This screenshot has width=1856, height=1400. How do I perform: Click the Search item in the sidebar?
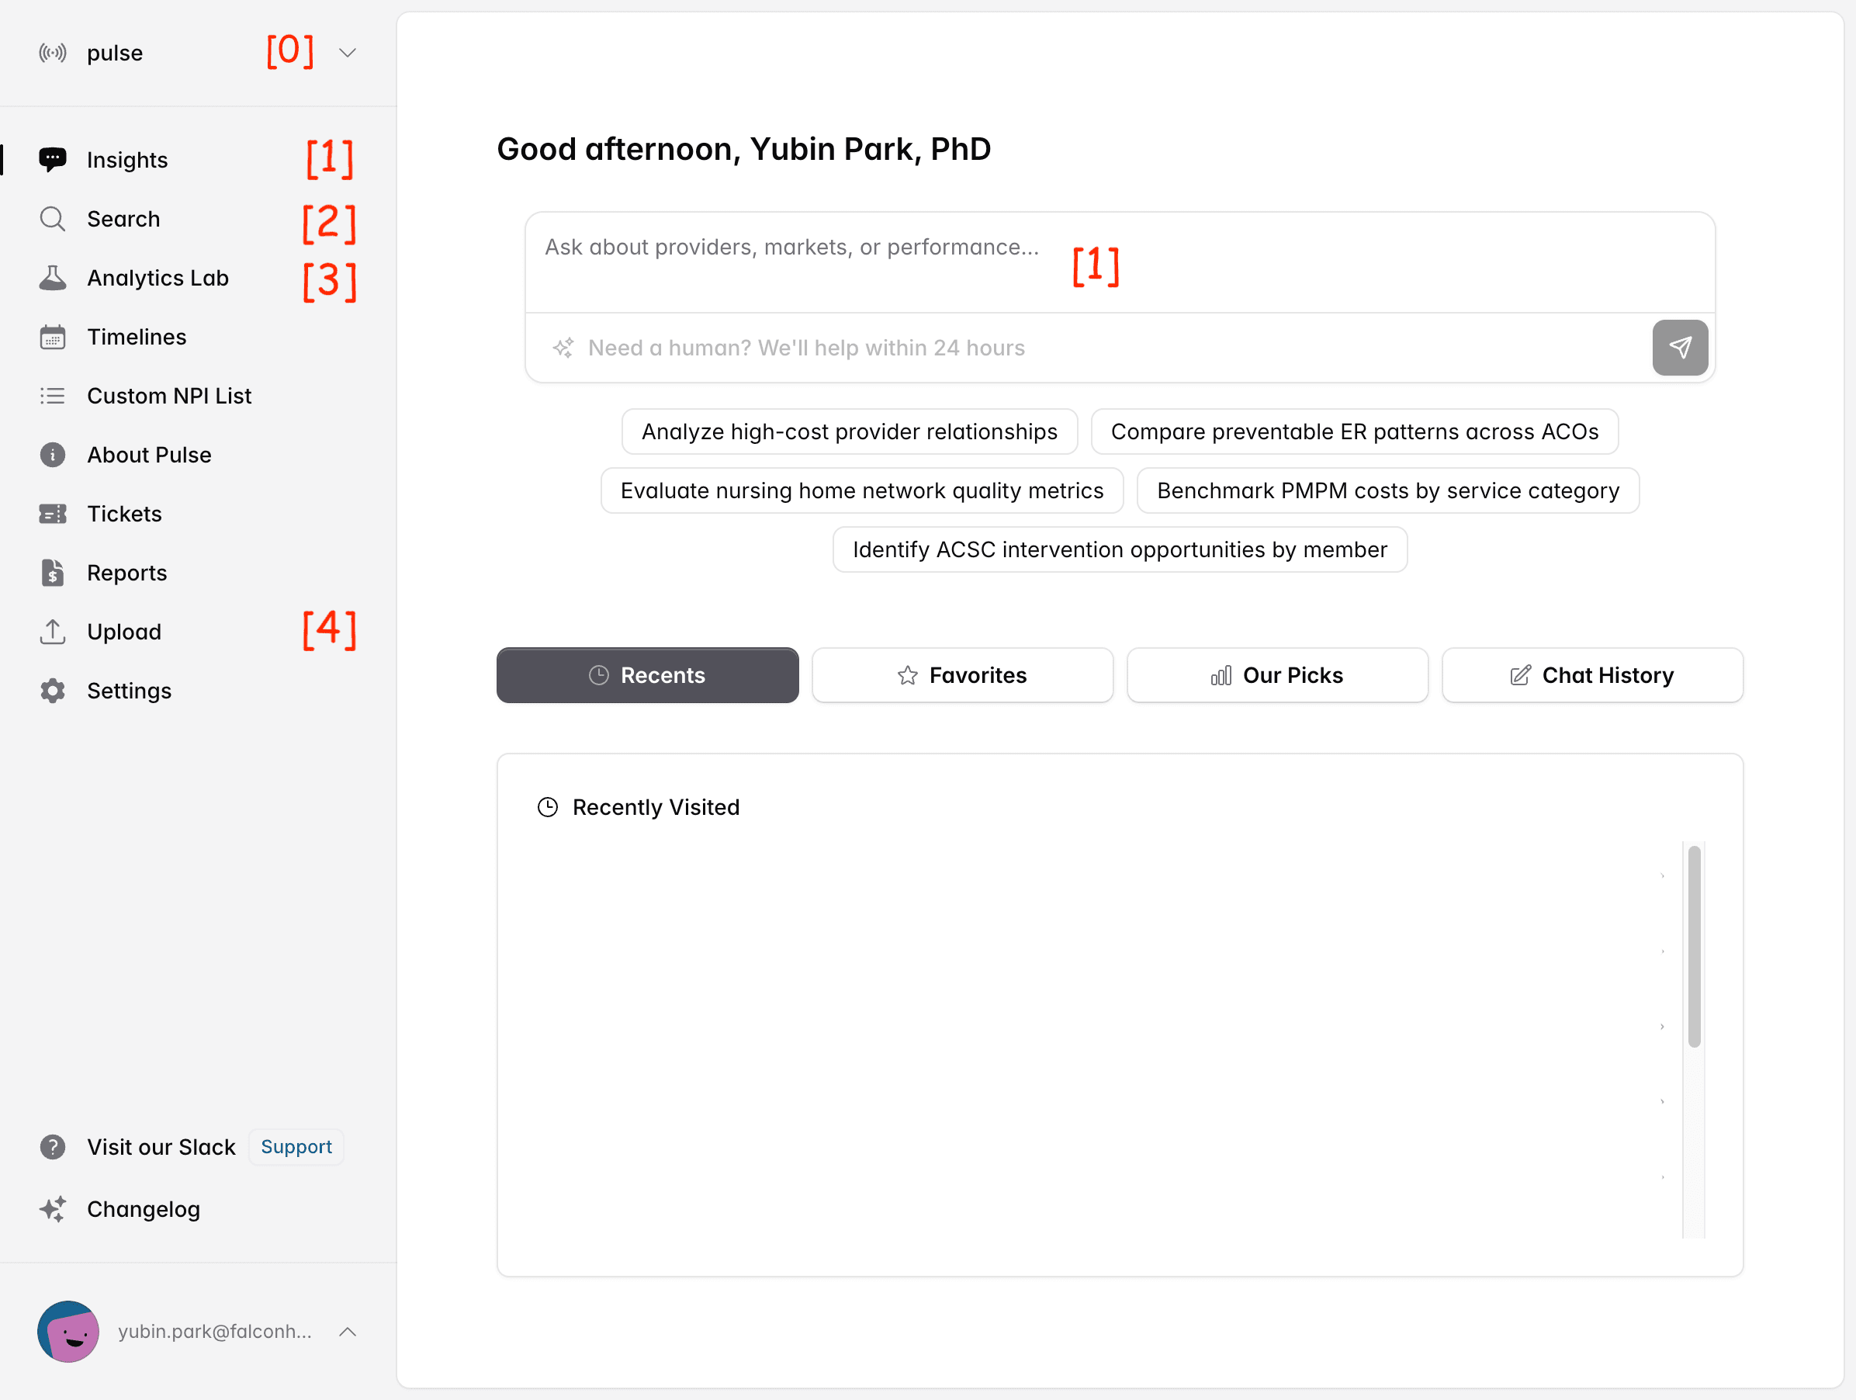[x=123, y=219]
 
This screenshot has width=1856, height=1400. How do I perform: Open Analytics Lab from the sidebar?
[x=157, y=278]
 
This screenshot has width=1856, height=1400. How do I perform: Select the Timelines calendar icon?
[x=52, y=337]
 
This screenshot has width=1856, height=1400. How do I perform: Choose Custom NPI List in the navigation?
[x=168, y=396]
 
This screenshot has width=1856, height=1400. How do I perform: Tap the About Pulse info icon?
[x=52, y=455]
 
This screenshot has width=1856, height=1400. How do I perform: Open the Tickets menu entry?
[x=123, y=514]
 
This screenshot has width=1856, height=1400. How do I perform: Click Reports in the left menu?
[x=126, y=574]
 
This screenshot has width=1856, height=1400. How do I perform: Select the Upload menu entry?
[x=123, y=632]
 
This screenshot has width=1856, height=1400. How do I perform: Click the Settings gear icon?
[x=52, y=691]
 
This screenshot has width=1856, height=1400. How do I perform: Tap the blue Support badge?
[x=296, y=1146]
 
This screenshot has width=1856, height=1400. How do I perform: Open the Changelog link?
[x=143, y=1208]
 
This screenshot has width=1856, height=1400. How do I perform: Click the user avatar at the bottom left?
[x=68, y=1332]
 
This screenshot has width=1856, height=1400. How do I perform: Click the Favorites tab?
[x=962, y=676]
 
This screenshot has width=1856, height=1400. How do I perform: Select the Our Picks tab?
[x=1277, y=676]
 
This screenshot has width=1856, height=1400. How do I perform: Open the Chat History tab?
[x=1591, y=676]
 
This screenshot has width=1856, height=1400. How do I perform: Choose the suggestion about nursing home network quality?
[x=862, y=491]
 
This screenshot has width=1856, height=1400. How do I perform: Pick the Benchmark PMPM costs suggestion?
[x=1388, y=491]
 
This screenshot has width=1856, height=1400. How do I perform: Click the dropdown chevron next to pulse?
[x=348, y=53]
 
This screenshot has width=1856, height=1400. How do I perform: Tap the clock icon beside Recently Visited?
[x=547, y=807]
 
